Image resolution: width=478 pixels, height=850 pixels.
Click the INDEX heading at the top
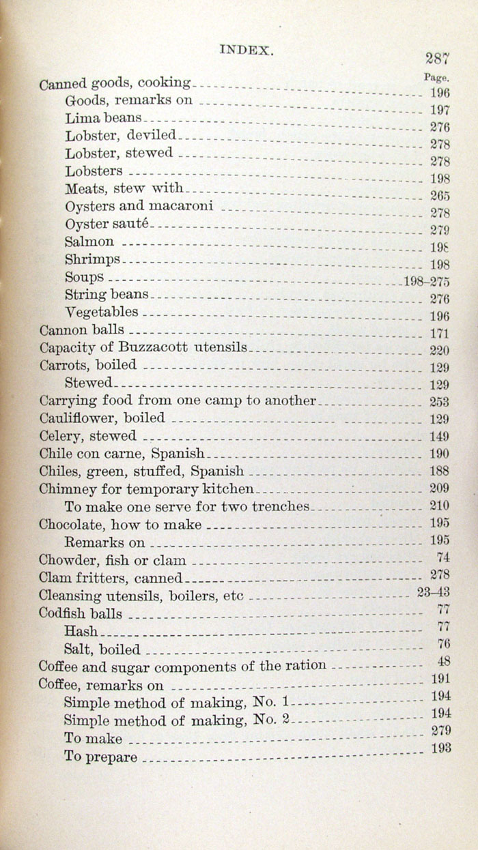pos(247,50)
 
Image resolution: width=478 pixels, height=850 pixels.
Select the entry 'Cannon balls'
pos(81,330)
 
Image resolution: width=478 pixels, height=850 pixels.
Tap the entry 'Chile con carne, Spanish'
pos(122,453)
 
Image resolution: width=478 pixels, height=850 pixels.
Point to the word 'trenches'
pos(281,506)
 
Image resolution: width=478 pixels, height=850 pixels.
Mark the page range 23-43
pos(433,592)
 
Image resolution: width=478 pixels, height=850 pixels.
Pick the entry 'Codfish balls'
pos(81,613)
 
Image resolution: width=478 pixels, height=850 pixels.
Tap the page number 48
pos(442,662)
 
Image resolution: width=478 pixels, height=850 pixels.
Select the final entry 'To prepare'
pos(100,757)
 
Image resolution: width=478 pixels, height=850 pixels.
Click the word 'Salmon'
pos(89,241)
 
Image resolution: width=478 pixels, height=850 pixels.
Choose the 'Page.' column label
pos(436,78)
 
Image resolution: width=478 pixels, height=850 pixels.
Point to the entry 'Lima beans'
pos(103,117)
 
